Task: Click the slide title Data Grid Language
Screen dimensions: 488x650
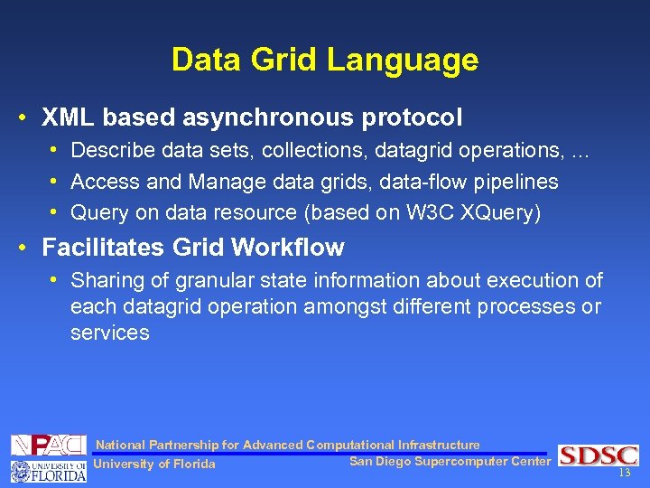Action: point(325,61)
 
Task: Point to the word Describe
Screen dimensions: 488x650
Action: point(107,150)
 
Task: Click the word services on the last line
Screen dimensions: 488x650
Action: point(109,333)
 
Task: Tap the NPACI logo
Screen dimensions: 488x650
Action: point(49,445)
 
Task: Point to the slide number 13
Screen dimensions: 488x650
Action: point(624,474)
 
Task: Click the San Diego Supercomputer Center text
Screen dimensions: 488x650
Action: point(449,462)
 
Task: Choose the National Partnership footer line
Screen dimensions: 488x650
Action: point(287,445)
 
